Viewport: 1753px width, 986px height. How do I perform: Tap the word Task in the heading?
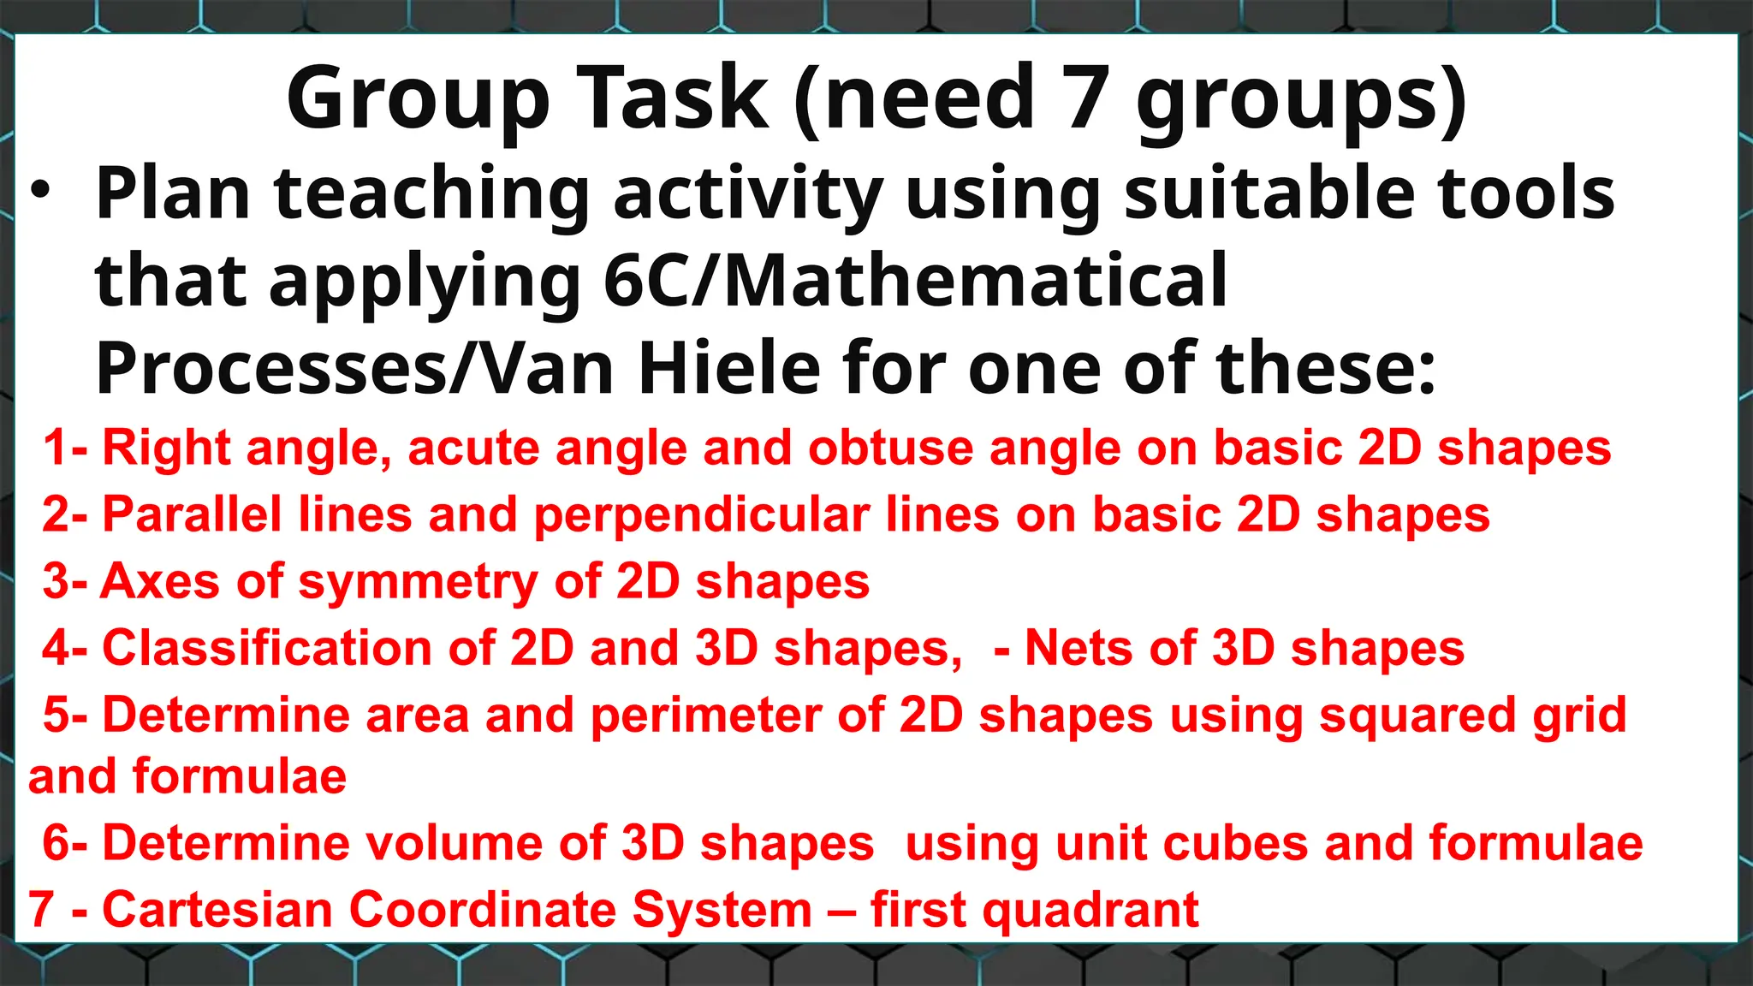(x=672, y=98)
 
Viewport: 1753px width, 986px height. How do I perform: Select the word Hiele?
(x=729, y=368)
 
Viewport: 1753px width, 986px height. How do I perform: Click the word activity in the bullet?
(x=748, y=195)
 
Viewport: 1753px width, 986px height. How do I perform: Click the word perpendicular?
(x=702, y=516)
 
